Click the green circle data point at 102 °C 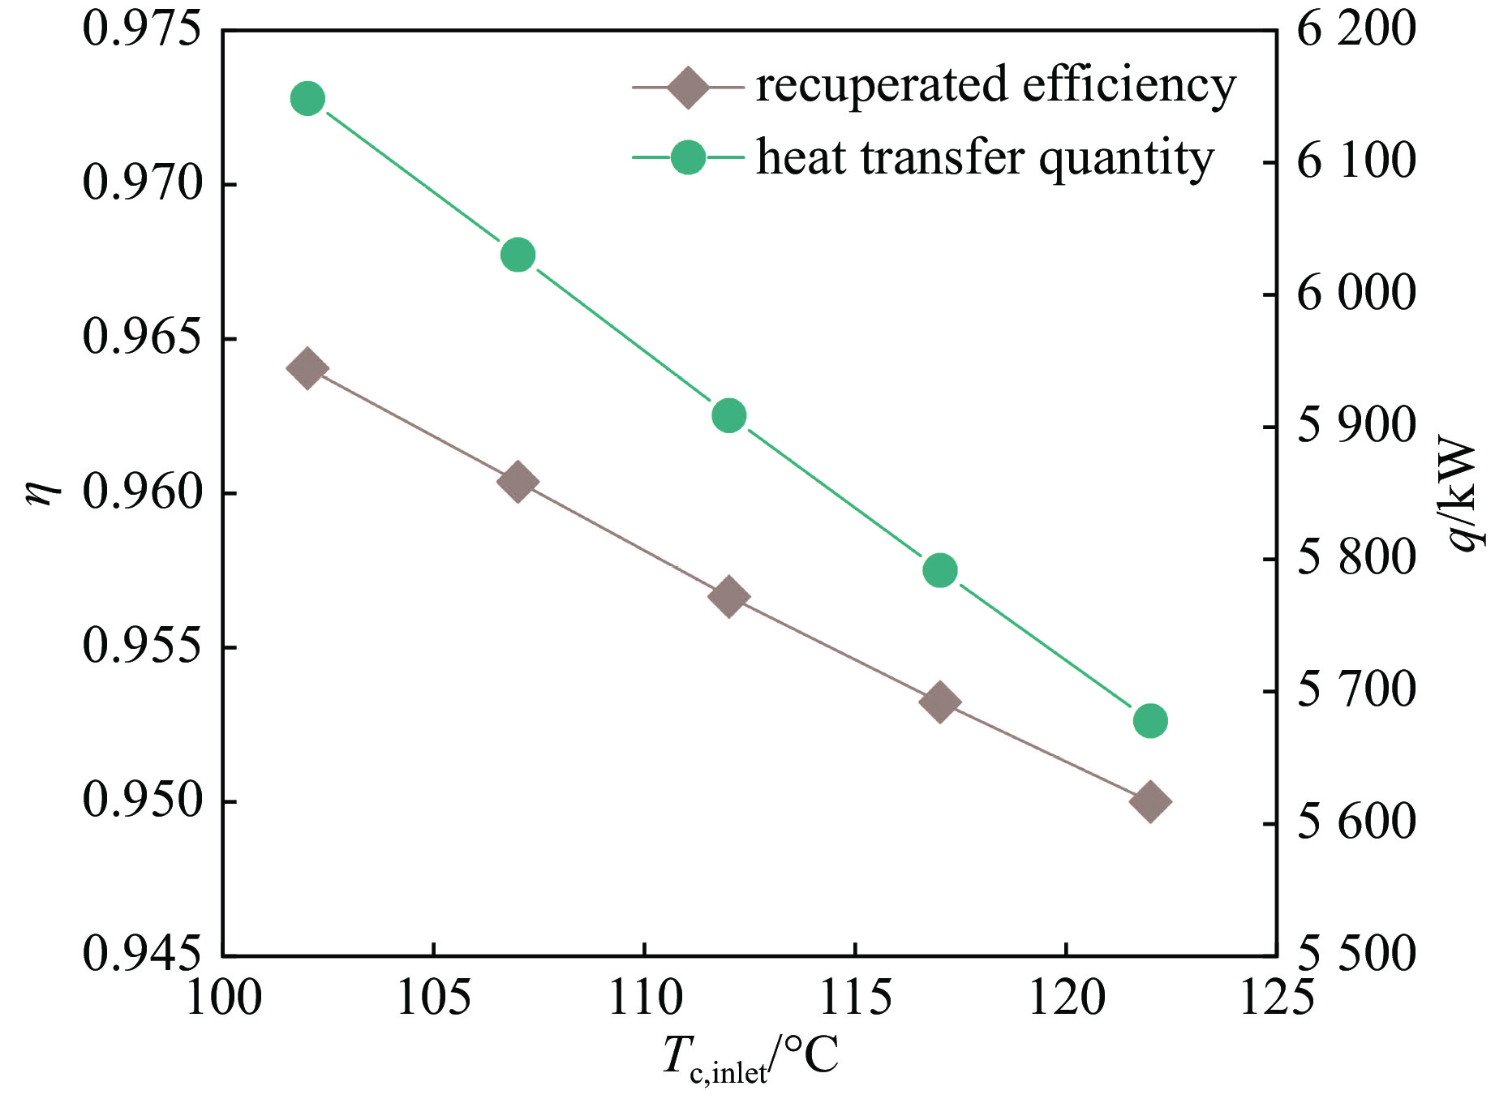[307, 99]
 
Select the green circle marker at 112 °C [728, 416]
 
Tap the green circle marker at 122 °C [1150, 721]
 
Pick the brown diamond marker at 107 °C [518, 482]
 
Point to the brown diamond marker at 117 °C [940, 702]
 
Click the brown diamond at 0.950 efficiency [1150, 802]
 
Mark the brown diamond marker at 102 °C [307, 369]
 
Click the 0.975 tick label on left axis [141, 29]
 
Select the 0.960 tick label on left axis [141, 492]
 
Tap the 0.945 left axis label [141, 955]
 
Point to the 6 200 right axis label [1355, 29]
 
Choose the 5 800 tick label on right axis [1355, 558]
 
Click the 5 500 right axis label [1355, 955]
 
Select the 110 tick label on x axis [645, 998]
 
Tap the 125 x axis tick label [1276, 998]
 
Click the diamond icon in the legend [688, 86]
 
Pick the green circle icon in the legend [688, 157]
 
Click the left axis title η [42, 491]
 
